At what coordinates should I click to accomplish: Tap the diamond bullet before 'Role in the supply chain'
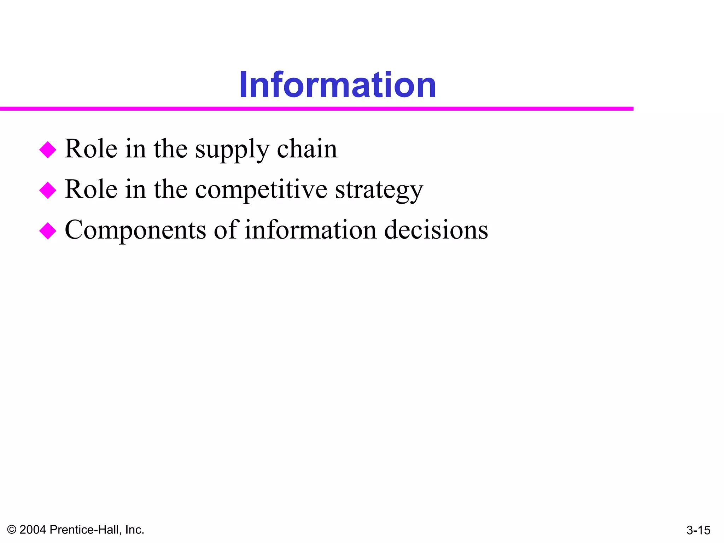(48, 150)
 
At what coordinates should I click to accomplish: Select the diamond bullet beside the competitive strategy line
(48, 190)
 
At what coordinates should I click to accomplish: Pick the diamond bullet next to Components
(48, 231)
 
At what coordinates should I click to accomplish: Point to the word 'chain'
(307, 149)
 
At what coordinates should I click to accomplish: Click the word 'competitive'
(261, 190)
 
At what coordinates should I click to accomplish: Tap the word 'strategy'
(379, 190)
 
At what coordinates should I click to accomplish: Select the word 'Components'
(135, 230)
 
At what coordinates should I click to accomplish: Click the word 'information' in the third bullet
(311, 230)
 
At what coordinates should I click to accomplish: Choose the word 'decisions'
(436, 230)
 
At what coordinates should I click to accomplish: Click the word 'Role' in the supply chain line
(91, 149)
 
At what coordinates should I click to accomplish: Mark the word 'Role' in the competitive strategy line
(91, 189)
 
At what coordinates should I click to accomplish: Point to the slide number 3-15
(698, 530)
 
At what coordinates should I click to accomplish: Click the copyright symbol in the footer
(12, 530)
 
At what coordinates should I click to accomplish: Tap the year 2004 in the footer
(33, 530)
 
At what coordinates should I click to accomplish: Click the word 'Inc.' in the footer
(134, 530)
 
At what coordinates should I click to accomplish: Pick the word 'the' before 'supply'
(170, 149)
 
